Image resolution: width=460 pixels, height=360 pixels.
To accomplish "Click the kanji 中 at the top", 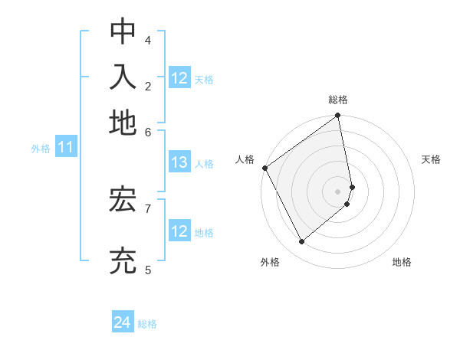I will (123, 31).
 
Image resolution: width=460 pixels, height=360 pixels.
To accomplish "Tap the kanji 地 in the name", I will (123, 123).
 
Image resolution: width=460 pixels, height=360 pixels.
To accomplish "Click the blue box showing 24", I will (123, 323).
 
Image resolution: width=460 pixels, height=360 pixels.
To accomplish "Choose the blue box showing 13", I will (179, 162).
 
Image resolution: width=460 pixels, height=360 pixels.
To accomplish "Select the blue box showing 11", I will (65, 148).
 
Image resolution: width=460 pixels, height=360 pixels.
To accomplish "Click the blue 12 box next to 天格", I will (179, 78).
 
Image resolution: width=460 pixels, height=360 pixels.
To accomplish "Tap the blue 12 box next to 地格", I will (179, 231).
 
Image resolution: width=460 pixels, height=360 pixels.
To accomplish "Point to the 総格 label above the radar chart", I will (338, 100).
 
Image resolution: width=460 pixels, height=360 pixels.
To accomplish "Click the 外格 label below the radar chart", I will (270, 263).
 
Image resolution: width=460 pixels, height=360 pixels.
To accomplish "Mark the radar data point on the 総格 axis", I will (338, 116).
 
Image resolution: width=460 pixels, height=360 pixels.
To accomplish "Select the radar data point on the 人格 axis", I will (264, 168).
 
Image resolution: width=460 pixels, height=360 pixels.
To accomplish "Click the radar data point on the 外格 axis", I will (301, 242).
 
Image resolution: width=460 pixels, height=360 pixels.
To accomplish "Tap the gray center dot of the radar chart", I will (338, 191).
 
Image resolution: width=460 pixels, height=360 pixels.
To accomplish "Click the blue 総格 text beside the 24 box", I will (147, 324).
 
